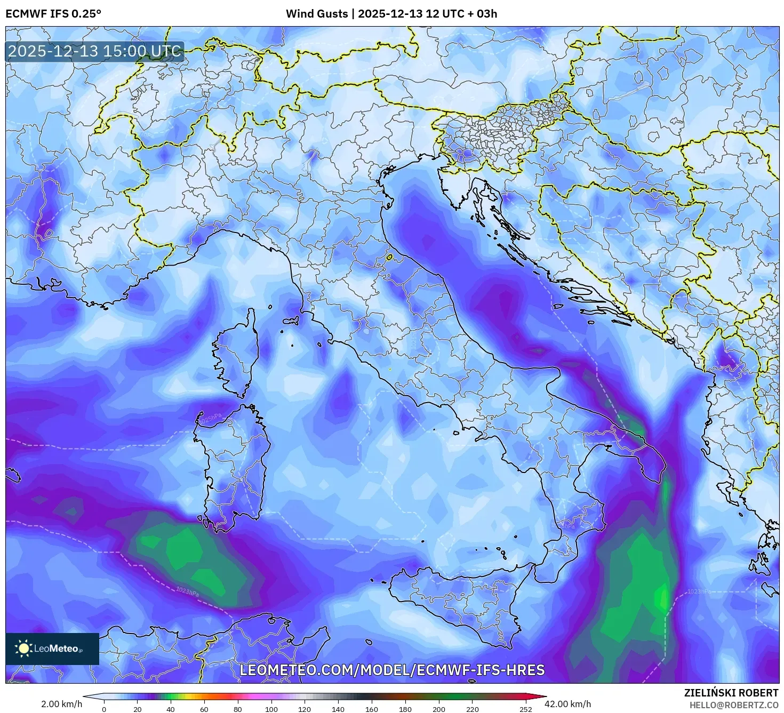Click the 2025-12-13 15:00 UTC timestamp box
point(94,51)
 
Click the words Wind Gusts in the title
point(316,14)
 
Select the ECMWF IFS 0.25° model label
point(53,14)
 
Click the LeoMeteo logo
point(52,648)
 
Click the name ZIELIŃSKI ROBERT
point(731,693)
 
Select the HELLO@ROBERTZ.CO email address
point(733,705)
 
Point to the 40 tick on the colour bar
point(171,709)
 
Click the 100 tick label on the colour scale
point(271,709)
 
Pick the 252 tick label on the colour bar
point(525,709)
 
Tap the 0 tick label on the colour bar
point(104,709)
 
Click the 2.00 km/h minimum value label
point(61,704)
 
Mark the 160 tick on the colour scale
point(372,709)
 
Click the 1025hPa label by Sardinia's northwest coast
point(210,418)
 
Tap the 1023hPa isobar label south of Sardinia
point(187,591)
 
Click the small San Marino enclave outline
point(389,258)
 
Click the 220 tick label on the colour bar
point(472,709)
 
